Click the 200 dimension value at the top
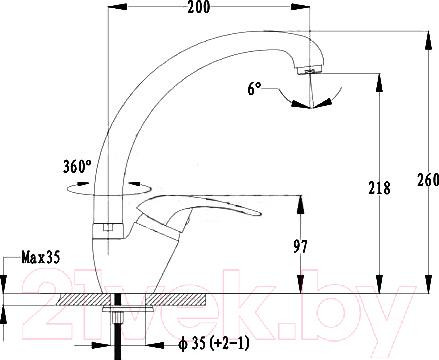coord(199,7)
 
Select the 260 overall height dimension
coord(428,180)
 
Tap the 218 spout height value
coord(379,188)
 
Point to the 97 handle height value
coord(300,247)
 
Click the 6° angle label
coord(254,89)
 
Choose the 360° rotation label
coord(77,167)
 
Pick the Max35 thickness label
coord(41,257)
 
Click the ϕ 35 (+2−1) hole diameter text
coord(214,344)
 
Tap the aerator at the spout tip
coord(310,70)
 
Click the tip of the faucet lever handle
coord(259,213)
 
